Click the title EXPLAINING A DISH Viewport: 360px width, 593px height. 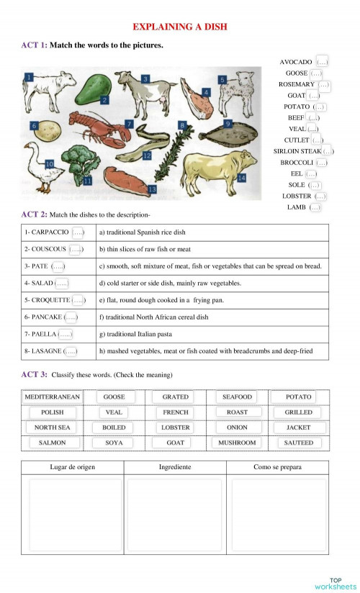click(180, 27)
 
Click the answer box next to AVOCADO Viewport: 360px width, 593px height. click(321, 62)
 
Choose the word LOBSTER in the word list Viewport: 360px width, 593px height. click(297, 196)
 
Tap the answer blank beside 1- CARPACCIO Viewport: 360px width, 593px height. click(78, 232)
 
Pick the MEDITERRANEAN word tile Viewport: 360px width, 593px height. click(52, 397)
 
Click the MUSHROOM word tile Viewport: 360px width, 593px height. click(237, 443)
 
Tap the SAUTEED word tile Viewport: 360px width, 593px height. click(299, 443)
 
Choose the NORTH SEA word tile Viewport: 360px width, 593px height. click(52, 427)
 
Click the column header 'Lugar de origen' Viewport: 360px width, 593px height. click(72, 467)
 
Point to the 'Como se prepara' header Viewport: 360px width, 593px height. click(277, 467)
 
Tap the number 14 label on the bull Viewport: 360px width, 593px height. click(241, 177)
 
